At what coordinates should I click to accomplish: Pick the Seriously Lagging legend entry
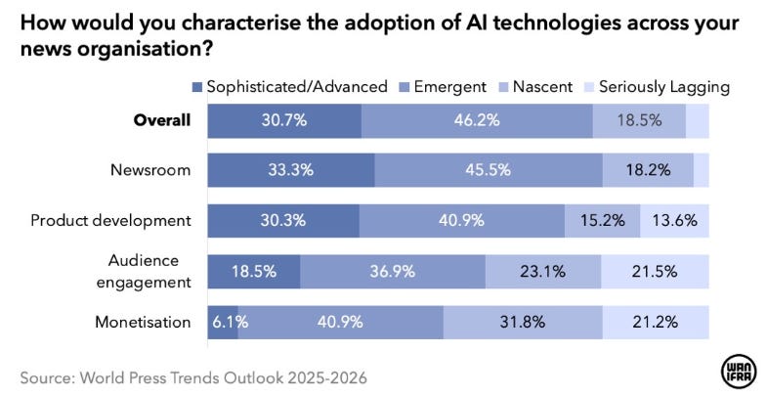coord(664,87)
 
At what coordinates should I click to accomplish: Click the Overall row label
coord(162,121)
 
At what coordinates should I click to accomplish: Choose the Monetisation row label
coord(143,322)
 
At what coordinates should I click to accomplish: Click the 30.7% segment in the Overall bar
coord(284,121)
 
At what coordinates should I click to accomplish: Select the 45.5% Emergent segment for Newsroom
coord(488,170)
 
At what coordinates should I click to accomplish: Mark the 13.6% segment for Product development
coord(674,220)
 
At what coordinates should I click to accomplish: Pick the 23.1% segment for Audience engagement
coord(542,271)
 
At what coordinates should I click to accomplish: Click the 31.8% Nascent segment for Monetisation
coord(523,322)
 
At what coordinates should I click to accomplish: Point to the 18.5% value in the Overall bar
coord(639,121)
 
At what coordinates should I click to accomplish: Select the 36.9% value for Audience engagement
coord(393,271)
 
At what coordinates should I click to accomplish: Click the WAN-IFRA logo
coord(738,371)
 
